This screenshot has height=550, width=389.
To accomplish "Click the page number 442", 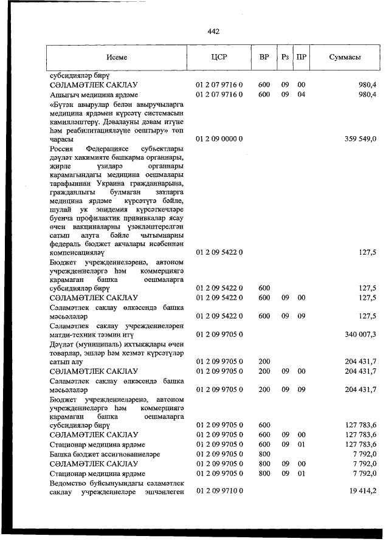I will (x=213, y=32).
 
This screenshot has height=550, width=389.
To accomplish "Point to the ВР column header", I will (x=264, y=57).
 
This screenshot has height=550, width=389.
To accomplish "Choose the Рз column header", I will (x=284, y=57).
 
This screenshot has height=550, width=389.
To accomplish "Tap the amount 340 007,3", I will (x=360, y=334).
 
